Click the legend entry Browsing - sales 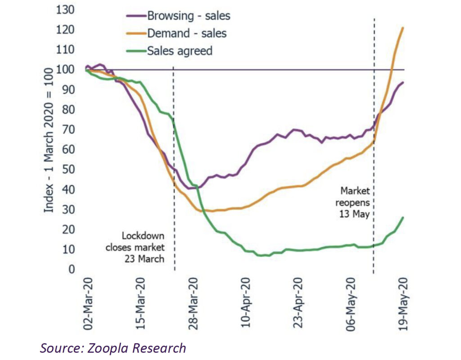[x=189, y=16]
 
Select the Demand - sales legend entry [x=187, y=33]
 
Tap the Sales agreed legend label [x=180, y=50]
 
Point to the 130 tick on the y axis [x=65, y=10]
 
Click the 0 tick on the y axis [x=72, y=270]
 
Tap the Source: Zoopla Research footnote [x=113, y=348]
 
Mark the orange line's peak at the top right [x=402, y=28]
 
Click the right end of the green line [x=403, y=217]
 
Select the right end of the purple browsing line [x=403, y=82]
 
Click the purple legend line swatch [x=135, y=16]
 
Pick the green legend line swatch [x=135, y=50]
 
